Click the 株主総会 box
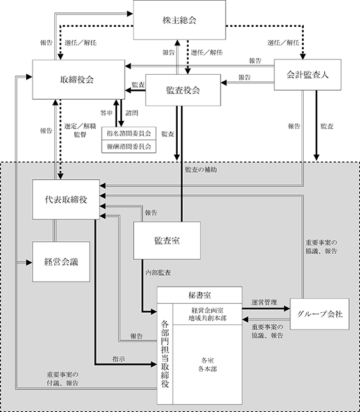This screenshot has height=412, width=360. pos(179,20)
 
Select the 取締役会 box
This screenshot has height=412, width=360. pos(79,79)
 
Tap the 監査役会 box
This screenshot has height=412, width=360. pos(183,90)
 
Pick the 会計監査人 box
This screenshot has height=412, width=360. pos(308,75)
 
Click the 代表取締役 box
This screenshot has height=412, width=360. pos(66,200)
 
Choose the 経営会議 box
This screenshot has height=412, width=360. pos(61,262)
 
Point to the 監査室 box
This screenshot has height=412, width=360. pos(167,241)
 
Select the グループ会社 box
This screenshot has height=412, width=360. pos(320,314)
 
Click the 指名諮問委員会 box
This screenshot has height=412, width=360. pos(129,134)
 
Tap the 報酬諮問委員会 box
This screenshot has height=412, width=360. pos(129,147)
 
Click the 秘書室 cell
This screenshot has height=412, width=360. pos(200,296)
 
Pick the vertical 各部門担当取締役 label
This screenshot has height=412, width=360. pos(165,354)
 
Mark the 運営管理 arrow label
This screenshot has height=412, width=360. pos(264,303)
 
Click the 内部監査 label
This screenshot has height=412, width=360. pos(158,273)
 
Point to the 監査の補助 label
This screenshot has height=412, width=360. pos(201,170)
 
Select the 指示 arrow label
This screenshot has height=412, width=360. pos(119,359)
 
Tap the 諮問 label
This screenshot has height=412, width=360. pos(132,113)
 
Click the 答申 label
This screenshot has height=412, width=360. pos(106,113)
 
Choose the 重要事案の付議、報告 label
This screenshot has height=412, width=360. pos(63,379)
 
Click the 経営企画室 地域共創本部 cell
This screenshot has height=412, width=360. pos(207,314)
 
